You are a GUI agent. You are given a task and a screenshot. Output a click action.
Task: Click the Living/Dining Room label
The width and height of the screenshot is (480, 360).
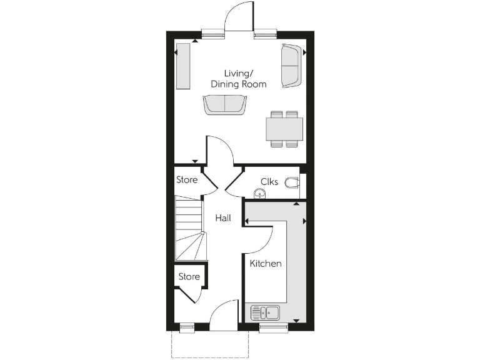pyautogui.click(x=238, y=78)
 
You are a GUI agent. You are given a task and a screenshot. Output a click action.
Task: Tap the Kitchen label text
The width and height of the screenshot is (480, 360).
pyautogui.click(x=266, y=264)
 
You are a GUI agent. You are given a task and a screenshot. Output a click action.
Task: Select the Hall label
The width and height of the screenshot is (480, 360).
pyautogui.click(x=223, y=218)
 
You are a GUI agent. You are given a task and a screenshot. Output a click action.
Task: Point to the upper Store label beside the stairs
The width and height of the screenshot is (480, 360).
pyautogui.click(x=187, y=180)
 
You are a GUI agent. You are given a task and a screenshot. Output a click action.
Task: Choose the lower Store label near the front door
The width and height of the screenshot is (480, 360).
pyautogui.click(x=189, y=276)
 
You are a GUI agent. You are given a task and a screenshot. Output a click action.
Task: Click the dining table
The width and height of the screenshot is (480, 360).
pyautogui.click(x=284, y=129)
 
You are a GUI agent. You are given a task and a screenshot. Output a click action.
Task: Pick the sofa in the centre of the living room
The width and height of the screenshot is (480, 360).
pyautogui.click(x=224, y=104)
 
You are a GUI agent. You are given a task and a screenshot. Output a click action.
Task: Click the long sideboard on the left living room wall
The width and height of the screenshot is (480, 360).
pyautogui.click(x=183, y=66)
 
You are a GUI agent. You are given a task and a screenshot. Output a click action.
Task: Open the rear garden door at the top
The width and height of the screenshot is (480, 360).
pyautogui.click(x=240, y=17)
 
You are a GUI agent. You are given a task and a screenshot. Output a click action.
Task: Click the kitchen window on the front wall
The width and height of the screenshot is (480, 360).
pyautogui.click(x=273, y=326)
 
